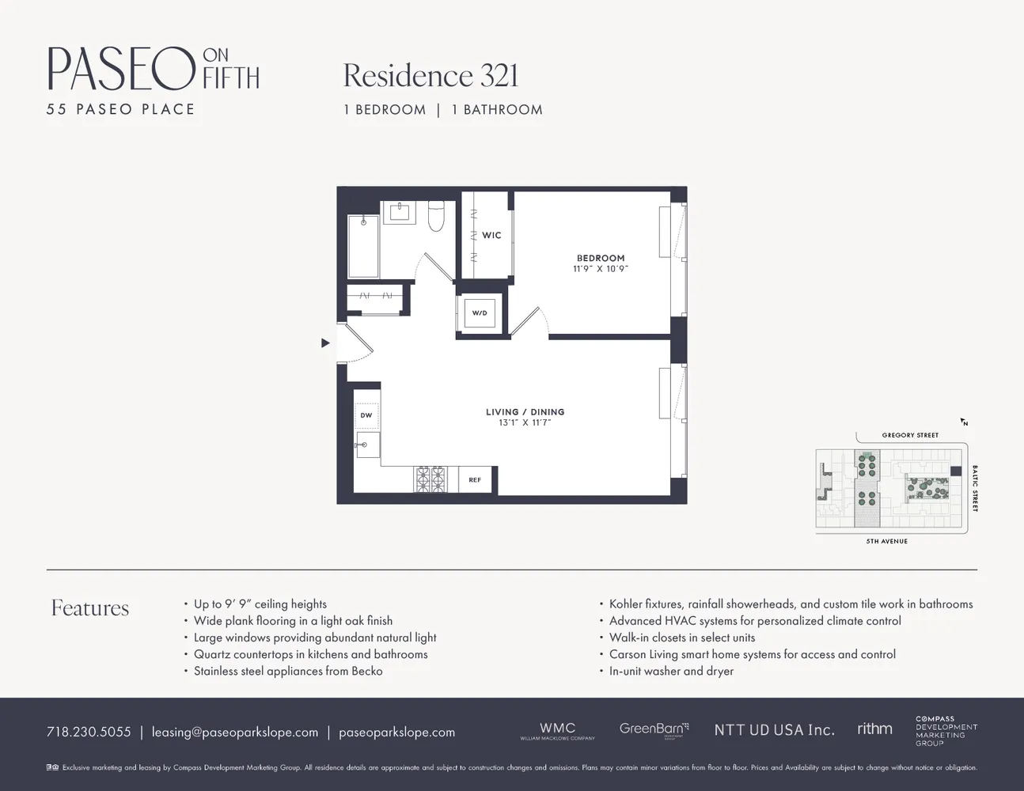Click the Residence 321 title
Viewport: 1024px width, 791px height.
pyautogui.click(x=430, y=76)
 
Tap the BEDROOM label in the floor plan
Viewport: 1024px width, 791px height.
pyautogui.click(x=601, y=259)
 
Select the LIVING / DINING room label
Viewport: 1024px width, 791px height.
pyautogui.click(x=525, y=412)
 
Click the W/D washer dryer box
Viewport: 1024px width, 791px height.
pyautogui.click(x=480, y=313)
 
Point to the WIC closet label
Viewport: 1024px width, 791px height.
pyautogui.click(x=491, y=235)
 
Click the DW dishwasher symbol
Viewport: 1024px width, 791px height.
pyautogui.click(x=366, y=415)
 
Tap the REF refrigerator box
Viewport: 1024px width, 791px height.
pyautogui.click(x=475, y=479)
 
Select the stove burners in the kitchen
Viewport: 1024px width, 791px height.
pyautogui.click(x=430, y=479)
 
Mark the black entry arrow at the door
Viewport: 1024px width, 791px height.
pyautogui.click(x=325, y=343)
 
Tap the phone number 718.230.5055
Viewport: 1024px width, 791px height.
pyautogui.click(x=89, y=732)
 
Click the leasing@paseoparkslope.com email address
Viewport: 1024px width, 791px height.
pyautogui.click(x=235, y=732)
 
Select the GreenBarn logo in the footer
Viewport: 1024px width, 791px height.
pyautogui.click(x=654, y=729)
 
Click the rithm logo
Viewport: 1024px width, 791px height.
pyautogui.click(x=874, y=729)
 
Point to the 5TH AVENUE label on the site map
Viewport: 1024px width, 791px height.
pyautogui.click(x=886, y=541)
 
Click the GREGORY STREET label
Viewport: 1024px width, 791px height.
pyautogui.click(x=910, y=435)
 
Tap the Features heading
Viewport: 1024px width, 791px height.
pyautogui.click(x=89, y=607)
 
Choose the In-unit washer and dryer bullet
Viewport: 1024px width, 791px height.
pyautogui.click(x=671, y=671)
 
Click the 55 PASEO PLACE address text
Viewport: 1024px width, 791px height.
pyautogui.click(x=120, y=109)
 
